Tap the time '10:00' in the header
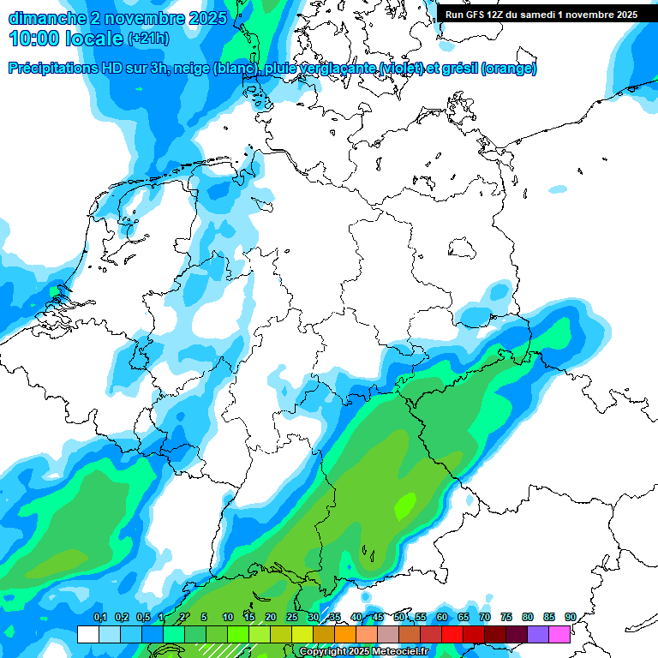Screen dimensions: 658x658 [x=34, y=39]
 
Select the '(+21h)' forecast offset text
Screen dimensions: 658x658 [x=148, y=39]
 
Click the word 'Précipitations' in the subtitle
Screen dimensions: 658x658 [x=51, y=69]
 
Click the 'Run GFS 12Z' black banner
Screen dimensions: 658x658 [x=541, y=15]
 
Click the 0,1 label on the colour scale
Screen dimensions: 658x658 [x=100, y=617]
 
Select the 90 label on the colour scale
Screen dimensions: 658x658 [x=571, y=617]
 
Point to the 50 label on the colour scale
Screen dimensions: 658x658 [x=399, y=617]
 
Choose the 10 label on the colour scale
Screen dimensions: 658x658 [x=228, y=617]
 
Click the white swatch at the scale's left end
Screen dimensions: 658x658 [x=87, y=634]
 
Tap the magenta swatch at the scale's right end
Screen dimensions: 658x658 [x=559, y=634]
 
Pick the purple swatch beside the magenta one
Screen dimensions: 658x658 [x=538, y=634]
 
